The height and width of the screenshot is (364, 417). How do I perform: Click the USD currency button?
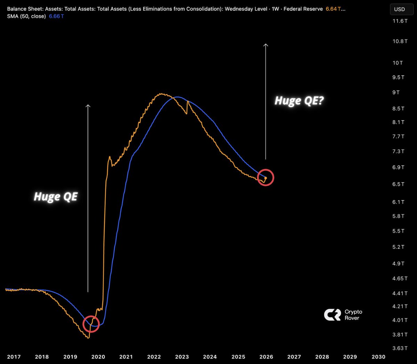[x=399, y=9]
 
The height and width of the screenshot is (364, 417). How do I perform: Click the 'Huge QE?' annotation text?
[x=299, y=101]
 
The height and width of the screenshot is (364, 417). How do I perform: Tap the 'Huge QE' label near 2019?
[x=56, y=197]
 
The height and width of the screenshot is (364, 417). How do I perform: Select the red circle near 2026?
[x=266, y=177]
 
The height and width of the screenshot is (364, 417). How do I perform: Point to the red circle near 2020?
[x=91, y=324]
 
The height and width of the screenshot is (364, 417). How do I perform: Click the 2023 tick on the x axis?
[x=182, y=357]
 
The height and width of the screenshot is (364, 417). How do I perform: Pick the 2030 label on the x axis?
[x=378, y=357]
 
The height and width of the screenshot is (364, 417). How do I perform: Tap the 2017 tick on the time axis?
[x=14, y=357]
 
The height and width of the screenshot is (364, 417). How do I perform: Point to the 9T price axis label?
[x=396, y=92]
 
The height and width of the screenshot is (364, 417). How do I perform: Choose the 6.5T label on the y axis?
[x=398, y=184]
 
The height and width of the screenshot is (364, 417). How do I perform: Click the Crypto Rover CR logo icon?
[x=332, y=315]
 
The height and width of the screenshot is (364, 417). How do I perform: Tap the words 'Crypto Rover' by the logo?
[x=353, y=315]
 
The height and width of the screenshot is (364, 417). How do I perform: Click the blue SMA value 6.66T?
[x=56, y=16]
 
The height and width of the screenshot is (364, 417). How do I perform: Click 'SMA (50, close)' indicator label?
[x=26, y=16]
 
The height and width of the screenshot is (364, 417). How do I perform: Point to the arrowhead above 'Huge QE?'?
[x=266, y=45]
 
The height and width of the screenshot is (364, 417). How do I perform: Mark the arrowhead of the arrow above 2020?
[x=88, y=106]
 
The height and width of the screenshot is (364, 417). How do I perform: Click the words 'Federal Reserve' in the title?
[x=303, y=9]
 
